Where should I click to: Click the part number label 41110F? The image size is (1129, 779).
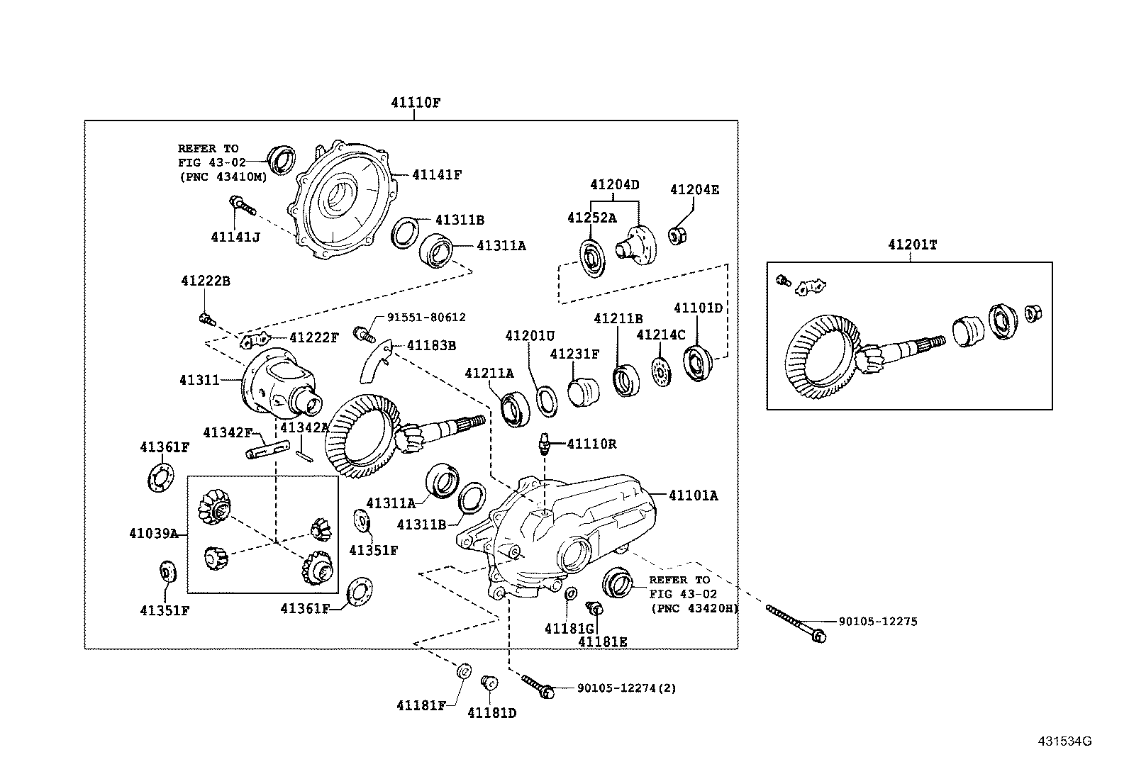(x=416, y=102)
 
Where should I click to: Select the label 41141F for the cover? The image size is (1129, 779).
(x=437, y=174)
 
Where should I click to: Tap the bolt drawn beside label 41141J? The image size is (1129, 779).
(x=241, y=206)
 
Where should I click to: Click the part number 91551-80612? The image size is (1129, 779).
(x=426, y=318)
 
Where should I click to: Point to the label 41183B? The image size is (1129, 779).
(x=431, y=345)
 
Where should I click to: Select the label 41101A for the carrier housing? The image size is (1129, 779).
(x=693, y=495)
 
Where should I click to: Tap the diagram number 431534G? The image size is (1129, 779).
(x=1064, y=741)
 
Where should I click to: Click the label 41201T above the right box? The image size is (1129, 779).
(x=912, y=245)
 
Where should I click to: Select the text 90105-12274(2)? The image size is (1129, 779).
(x=626, y=688)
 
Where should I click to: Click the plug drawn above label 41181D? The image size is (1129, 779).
(x=489, y=682)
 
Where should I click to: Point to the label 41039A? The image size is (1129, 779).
(x=154, y=533)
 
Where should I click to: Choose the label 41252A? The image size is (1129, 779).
(x=591, y=218)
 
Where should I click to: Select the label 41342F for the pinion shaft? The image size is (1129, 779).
(x=228, y=432)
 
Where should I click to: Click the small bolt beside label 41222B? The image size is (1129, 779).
(x=206, y=318)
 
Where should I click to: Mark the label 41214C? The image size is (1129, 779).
(x=661, y=334)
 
